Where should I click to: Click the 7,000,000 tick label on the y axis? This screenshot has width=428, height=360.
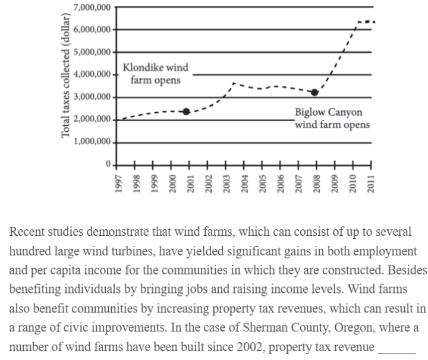pyautogui.click(x=90, y=7)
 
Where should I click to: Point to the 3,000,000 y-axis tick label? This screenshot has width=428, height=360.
pyautogui.click(x=90, y=97)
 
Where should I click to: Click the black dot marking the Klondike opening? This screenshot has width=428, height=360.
pyautogui.click(x=186, y=112)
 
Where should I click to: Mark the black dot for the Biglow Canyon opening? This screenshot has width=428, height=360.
pyautogui.click(x=315, y=92)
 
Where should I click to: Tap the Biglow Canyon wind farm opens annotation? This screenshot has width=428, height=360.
pyautogui.click(x=332, y=118)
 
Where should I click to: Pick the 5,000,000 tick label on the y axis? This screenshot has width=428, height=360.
pyautogui.click(x=90, y=52)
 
